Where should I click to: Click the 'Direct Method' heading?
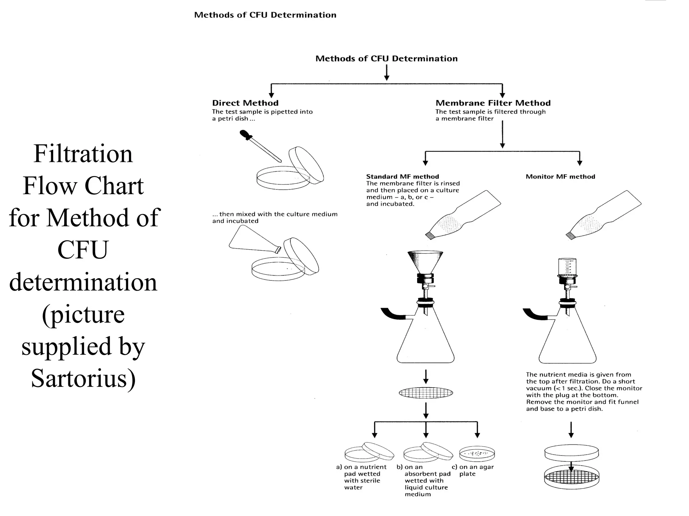(x=245, y=103)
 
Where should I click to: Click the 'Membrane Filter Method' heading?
(x=493, y=103)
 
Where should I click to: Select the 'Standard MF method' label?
(x=402, y=177)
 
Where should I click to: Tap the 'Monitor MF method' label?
(x=560, y=177)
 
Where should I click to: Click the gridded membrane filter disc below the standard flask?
(x=426, y=393)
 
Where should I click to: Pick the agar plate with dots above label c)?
(x=477, y=454)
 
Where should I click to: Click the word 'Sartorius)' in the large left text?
(x=83, y=378)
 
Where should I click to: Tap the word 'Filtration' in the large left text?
(x=83, y=154)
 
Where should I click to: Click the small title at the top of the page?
(x=265, y=15)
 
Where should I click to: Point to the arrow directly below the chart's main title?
(x=387, y=73)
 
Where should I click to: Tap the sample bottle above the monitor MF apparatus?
(x=604, y=215)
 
